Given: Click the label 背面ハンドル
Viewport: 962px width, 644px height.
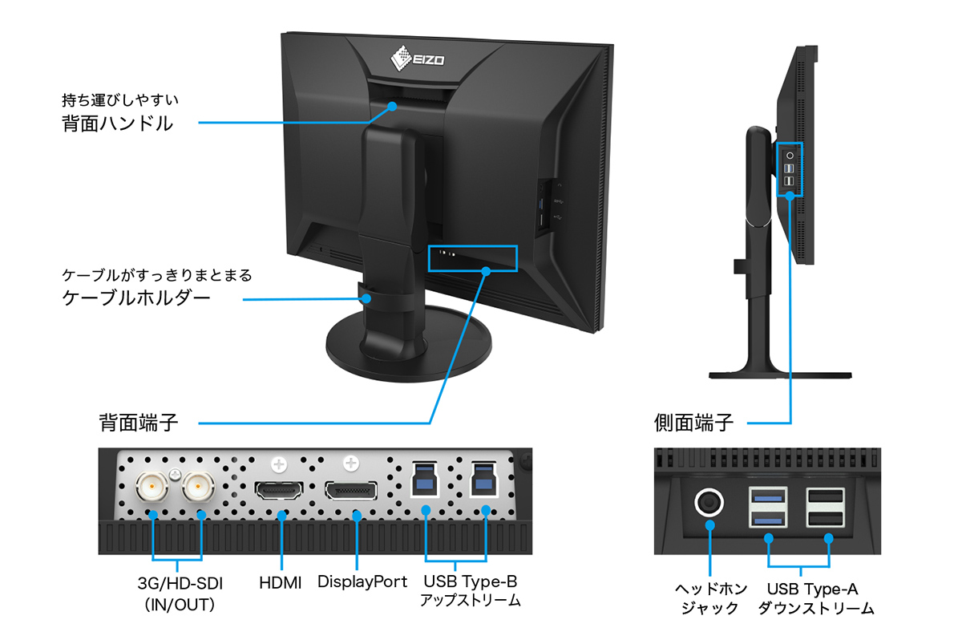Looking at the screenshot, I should [117, 124].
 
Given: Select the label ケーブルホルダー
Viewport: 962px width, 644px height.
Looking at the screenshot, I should [136, 299].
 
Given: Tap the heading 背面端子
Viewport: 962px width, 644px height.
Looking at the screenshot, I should [139, 421].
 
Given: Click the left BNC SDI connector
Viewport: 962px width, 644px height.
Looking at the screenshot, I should [152, 486].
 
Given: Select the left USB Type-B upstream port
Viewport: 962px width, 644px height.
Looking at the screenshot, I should [423, 480].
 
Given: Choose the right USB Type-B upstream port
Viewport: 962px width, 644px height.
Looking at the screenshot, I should [484, 480].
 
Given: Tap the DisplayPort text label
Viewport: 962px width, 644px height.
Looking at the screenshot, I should [362, 581].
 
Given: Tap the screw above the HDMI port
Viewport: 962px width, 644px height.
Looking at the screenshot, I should [279, 464].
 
